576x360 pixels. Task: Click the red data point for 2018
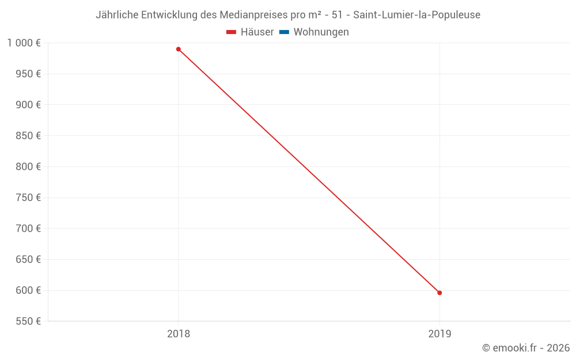[x=179, y=50]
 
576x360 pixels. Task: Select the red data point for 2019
[x=439, y=293]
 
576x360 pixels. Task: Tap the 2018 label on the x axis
[x=179, y=334]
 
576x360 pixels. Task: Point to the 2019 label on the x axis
[x=439, y=334]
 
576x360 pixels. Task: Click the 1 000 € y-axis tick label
[x=24, y=43]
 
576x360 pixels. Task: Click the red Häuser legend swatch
[x=232, y=32]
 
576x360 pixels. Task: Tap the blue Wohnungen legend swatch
[x=284, y=32]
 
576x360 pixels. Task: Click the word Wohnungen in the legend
[x=321, y=32]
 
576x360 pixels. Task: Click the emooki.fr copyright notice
[x=526, y=348]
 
